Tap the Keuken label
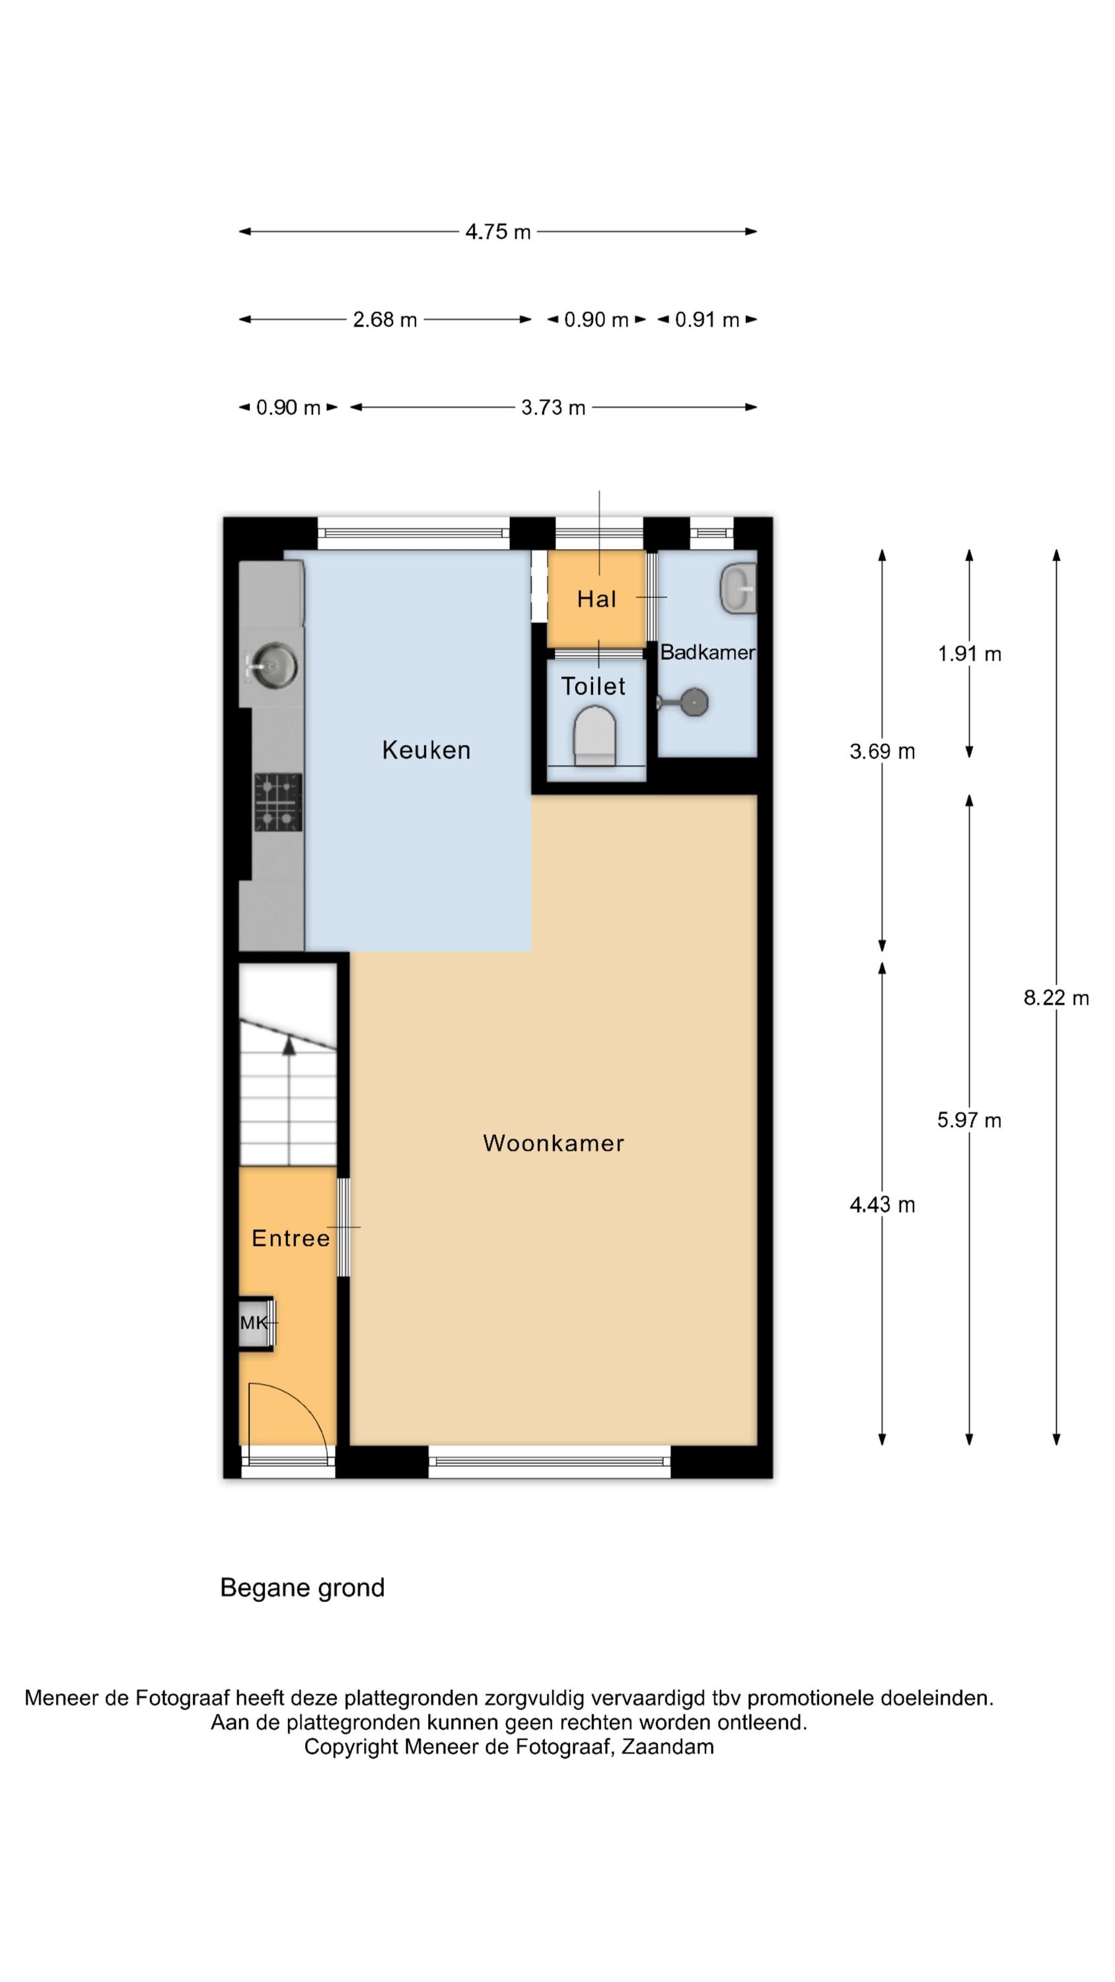[426, 749]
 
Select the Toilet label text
[593, 686]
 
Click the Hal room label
[596, 599]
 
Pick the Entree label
[291, 1238]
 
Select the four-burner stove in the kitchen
[278, 803]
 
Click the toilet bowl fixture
[594, 737]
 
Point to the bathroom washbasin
[738, 588]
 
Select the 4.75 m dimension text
[498, 232]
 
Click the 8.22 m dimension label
[1056, 998]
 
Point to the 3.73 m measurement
[554, 407]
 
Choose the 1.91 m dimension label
[969, 654]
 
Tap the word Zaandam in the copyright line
[667, 1747]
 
